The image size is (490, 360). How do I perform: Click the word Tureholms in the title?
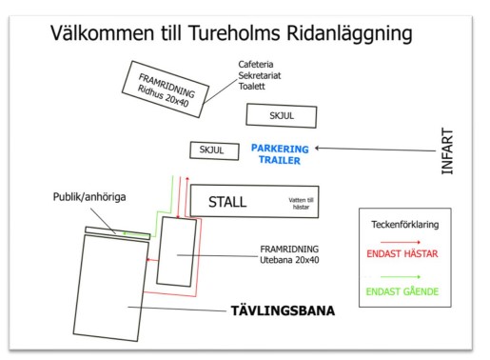[234, 32]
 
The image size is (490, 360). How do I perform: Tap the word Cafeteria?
[256, 65]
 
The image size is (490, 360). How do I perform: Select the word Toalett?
[252, 86]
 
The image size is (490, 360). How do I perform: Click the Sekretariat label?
[260, 75]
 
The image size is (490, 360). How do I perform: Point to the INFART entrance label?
[447, 151]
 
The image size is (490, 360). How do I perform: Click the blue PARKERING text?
[280, 149]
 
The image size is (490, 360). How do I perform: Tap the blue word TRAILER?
[280, 160]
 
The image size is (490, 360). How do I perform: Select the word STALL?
[227, 202]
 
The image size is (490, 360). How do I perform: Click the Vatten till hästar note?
[301, 204]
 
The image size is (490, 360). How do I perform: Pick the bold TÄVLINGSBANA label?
[283, 310]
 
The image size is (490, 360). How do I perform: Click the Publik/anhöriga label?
[89, 197]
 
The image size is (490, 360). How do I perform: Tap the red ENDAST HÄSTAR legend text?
[402, 253]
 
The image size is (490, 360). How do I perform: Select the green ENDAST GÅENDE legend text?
[402, 291]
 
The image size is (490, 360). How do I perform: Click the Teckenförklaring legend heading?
[405, 225]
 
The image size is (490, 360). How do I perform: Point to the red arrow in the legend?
[401, 242]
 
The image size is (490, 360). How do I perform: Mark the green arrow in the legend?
[401, 277]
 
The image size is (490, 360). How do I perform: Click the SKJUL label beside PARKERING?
[211, 150]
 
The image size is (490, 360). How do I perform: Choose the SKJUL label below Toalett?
[282, 115]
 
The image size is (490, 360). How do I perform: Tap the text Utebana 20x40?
[289, 260]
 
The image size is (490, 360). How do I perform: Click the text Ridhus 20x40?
[163, 96]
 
